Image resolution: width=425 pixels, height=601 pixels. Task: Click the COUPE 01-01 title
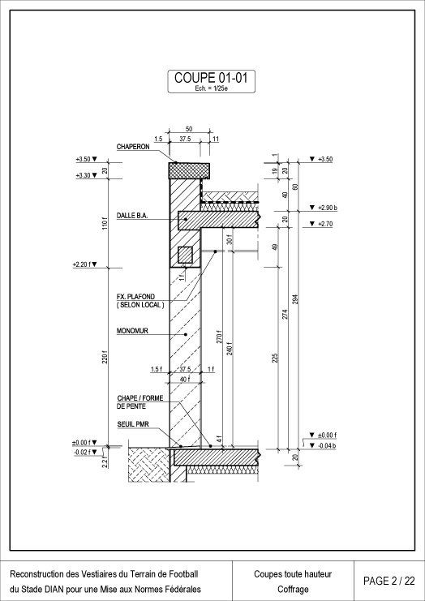(211, 78)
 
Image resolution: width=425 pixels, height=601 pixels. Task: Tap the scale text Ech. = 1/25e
(211, 88)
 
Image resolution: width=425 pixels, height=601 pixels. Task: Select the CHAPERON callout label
(133, 147)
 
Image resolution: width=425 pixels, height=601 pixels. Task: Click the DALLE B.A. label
(132, 217)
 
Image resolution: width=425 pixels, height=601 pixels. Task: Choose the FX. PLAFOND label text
(135, 297)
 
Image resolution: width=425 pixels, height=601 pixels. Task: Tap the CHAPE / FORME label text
(140, 398)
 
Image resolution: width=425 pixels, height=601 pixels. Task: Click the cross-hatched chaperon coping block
(189, 170)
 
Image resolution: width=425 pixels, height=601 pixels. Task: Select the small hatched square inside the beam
(185, 255)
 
